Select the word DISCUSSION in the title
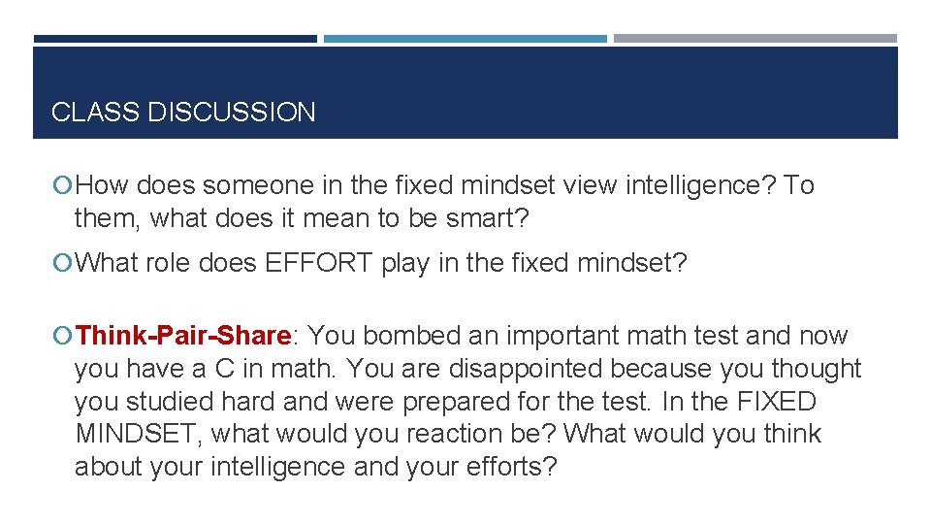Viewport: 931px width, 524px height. pos(232,113)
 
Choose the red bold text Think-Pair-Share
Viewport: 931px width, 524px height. pos(183,336)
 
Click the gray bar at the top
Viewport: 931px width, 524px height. pos(755,39)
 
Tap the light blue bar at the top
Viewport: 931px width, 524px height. pos(465,39)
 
